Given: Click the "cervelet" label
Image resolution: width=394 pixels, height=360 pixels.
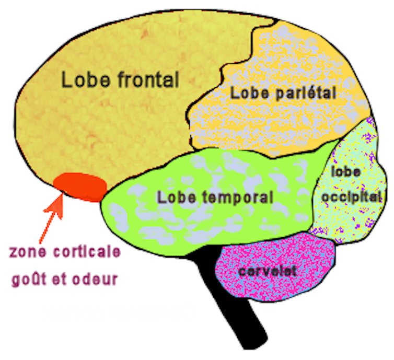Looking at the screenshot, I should click(266, 271).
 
